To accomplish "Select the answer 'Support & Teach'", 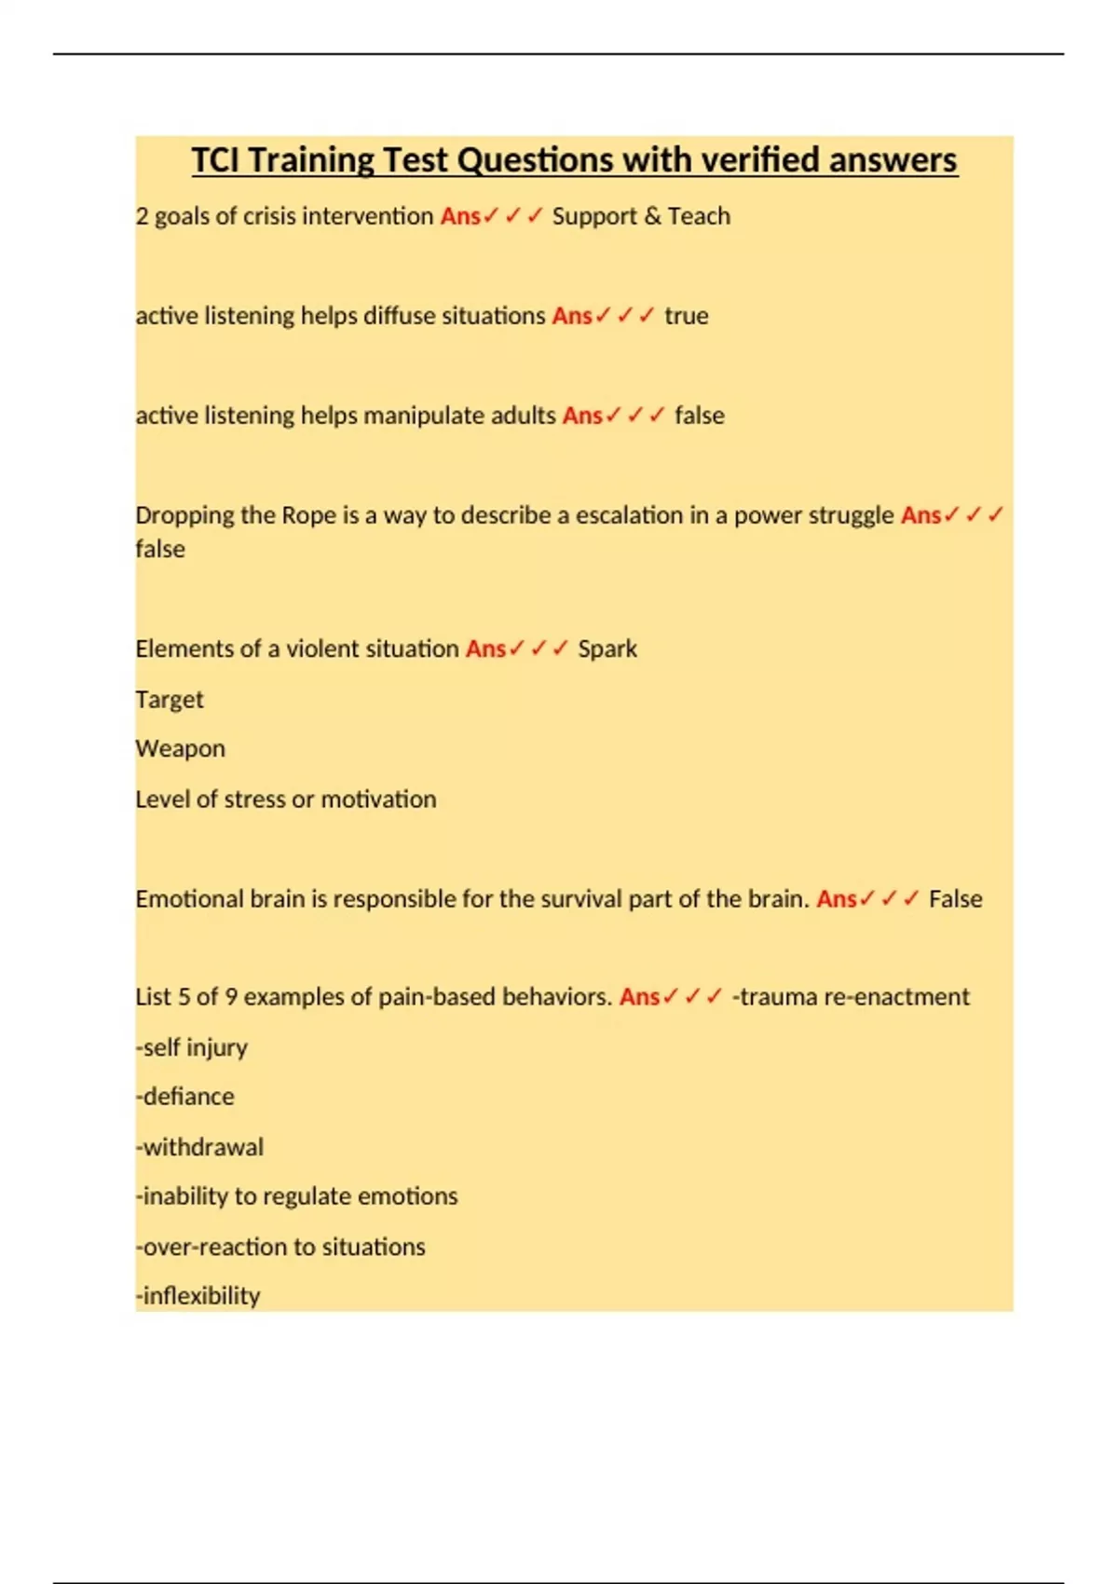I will pyautogui.click(x=641, y=216).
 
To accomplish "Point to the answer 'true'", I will pyautogui.click(x=686, y=316).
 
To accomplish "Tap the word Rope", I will pyautogui.click(x=308, y=515).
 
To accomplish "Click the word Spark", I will pyautogui.click(x=607, y=649).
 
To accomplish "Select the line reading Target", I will pyautogui.click(x=169, y=700).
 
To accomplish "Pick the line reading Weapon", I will pyautogui.click(x=180, y=749).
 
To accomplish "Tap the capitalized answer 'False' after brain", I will pyautogui.click(x=955, y=899).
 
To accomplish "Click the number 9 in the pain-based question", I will pyautogui.click(x=231, y=997).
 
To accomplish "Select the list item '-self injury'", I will pyautogui.click(x=191, y=1048).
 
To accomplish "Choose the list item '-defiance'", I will pyautogui.click(x=184, y=1097).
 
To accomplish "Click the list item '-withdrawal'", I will pyautogui.click(x=199, y=1147).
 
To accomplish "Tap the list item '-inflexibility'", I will pyautogui.click(x=198, y=1296).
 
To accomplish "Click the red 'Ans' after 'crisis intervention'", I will pyautogui.click(x=460, y=216).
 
